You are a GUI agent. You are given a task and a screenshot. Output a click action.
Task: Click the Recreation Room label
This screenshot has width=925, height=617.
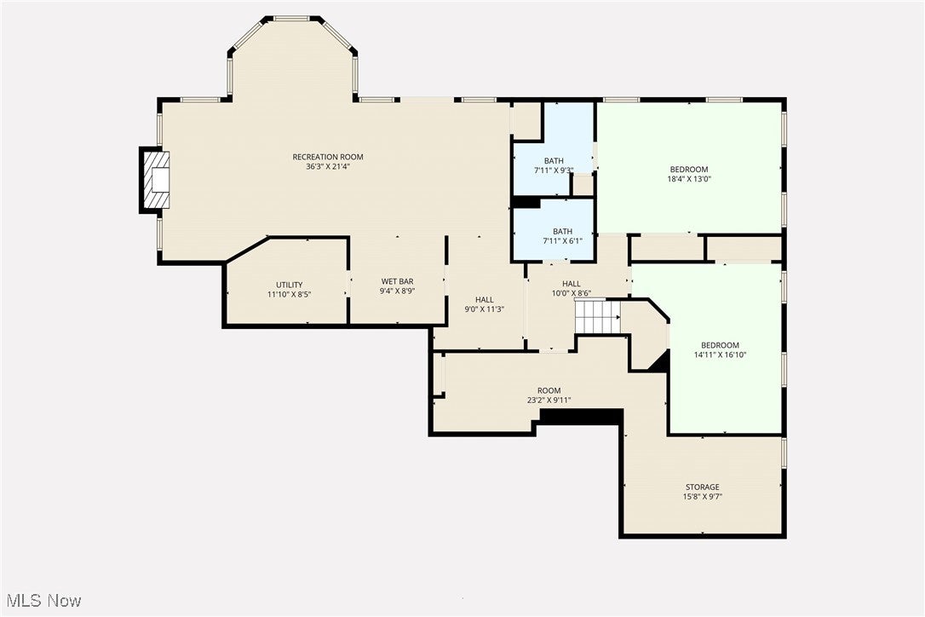coord(328,157)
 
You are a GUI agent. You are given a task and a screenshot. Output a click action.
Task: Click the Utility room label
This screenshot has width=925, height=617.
coord(289,285)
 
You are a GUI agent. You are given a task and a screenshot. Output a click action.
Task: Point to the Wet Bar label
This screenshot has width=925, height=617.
coord(397,281)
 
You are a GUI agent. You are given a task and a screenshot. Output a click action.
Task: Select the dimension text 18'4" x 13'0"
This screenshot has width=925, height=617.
coord(688,180)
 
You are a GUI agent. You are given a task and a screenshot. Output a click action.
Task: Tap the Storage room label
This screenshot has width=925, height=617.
coord(702,487)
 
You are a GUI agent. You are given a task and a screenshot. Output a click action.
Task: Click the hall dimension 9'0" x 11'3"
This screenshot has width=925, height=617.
coord(484,309)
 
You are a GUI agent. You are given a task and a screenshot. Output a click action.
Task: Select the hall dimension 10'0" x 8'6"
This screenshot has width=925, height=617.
coord(571,294)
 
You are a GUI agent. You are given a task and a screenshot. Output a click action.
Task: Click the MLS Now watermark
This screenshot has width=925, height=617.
coord(42,601)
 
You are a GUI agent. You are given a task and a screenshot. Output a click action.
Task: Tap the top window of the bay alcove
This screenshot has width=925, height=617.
coord(291,18)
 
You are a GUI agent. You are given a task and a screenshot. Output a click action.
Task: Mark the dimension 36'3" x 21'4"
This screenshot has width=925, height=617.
coord(328,167)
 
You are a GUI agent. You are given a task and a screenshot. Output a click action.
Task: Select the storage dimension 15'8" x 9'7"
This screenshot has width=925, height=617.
coord(702,497)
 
